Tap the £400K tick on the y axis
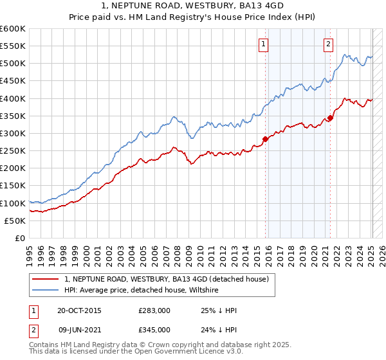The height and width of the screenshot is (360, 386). (13, 98)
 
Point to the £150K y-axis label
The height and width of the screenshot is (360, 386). (13, 186)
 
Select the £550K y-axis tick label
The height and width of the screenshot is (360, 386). (13, 46)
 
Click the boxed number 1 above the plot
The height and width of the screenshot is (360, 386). (264, 44)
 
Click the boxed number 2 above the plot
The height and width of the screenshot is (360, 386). (328, 44)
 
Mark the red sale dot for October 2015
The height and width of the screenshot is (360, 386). (265, 139)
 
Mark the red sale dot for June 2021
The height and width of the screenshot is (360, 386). (330, 118)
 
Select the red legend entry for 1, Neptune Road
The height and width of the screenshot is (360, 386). (170, 279)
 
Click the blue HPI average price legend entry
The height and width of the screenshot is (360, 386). (142, 290)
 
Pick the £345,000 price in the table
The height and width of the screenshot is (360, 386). (154, 330)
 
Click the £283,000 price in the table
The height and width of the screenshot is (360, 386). (154, 311)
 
